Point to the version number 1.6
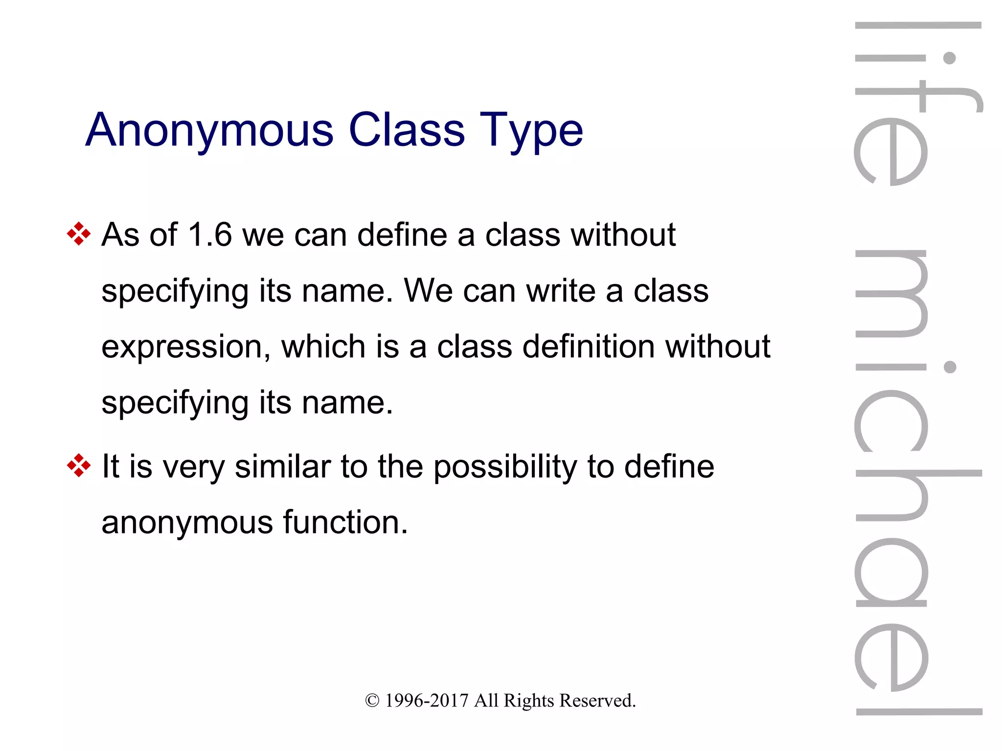click(x=209, y=235)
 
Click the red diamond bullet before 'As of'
click(x=79, y=234)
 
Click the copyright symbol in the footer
click(x=372, y=701)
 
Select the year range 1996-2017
click(x=427, y=701)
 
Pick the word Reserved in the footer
click(x=597, y=701)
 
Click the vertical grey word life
click(x=918, y=103)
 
